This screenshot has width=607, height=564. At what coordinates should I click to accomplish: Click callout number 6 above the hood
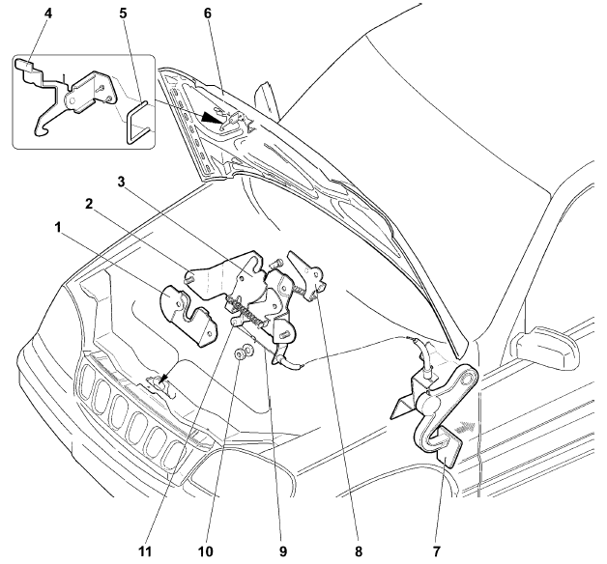point(206,15)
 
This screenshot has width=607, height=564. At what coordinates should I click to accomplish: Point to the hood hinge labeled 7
point(445,406)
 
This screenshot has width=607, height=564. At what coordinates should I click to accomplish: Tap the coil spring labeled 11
point(248,314)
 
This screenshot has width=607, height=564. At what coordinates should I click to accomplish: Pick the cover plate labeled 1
point(188,312)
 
